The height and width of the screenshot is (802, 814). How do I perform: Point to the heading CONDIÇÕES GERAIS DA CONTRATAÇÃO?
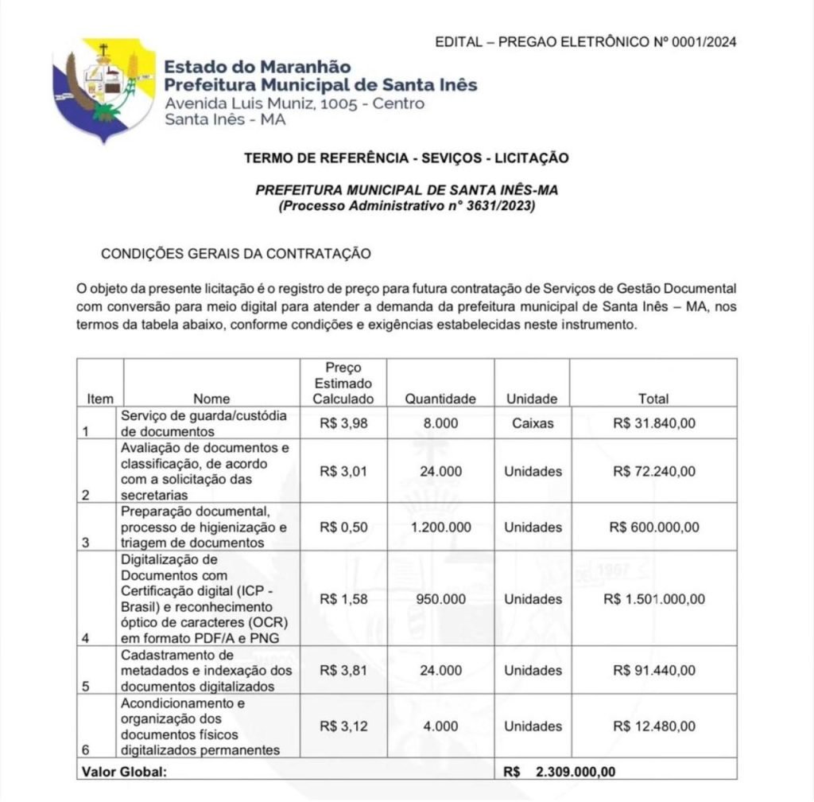[x=236, y=254]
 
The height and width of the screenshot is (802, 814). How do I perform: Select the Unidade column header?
[x=532, y=399]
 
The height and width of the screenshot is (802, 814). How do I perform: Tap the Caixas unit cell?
[x=532, y=423]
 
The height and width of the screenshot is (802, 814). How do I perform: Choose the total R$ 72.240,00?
[x=653, y=471]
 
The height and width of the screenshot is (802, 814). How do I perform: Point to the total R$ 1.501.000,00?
[x=653, y=599]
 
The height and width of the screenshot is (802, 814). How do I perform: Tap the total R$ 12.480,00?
[x=653, y=726]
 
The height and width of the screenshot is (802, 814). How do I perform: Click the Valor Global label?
[x=124, y=771]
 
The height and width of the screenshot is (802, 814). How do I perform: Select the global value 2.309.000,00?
[x=575, y=771]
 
